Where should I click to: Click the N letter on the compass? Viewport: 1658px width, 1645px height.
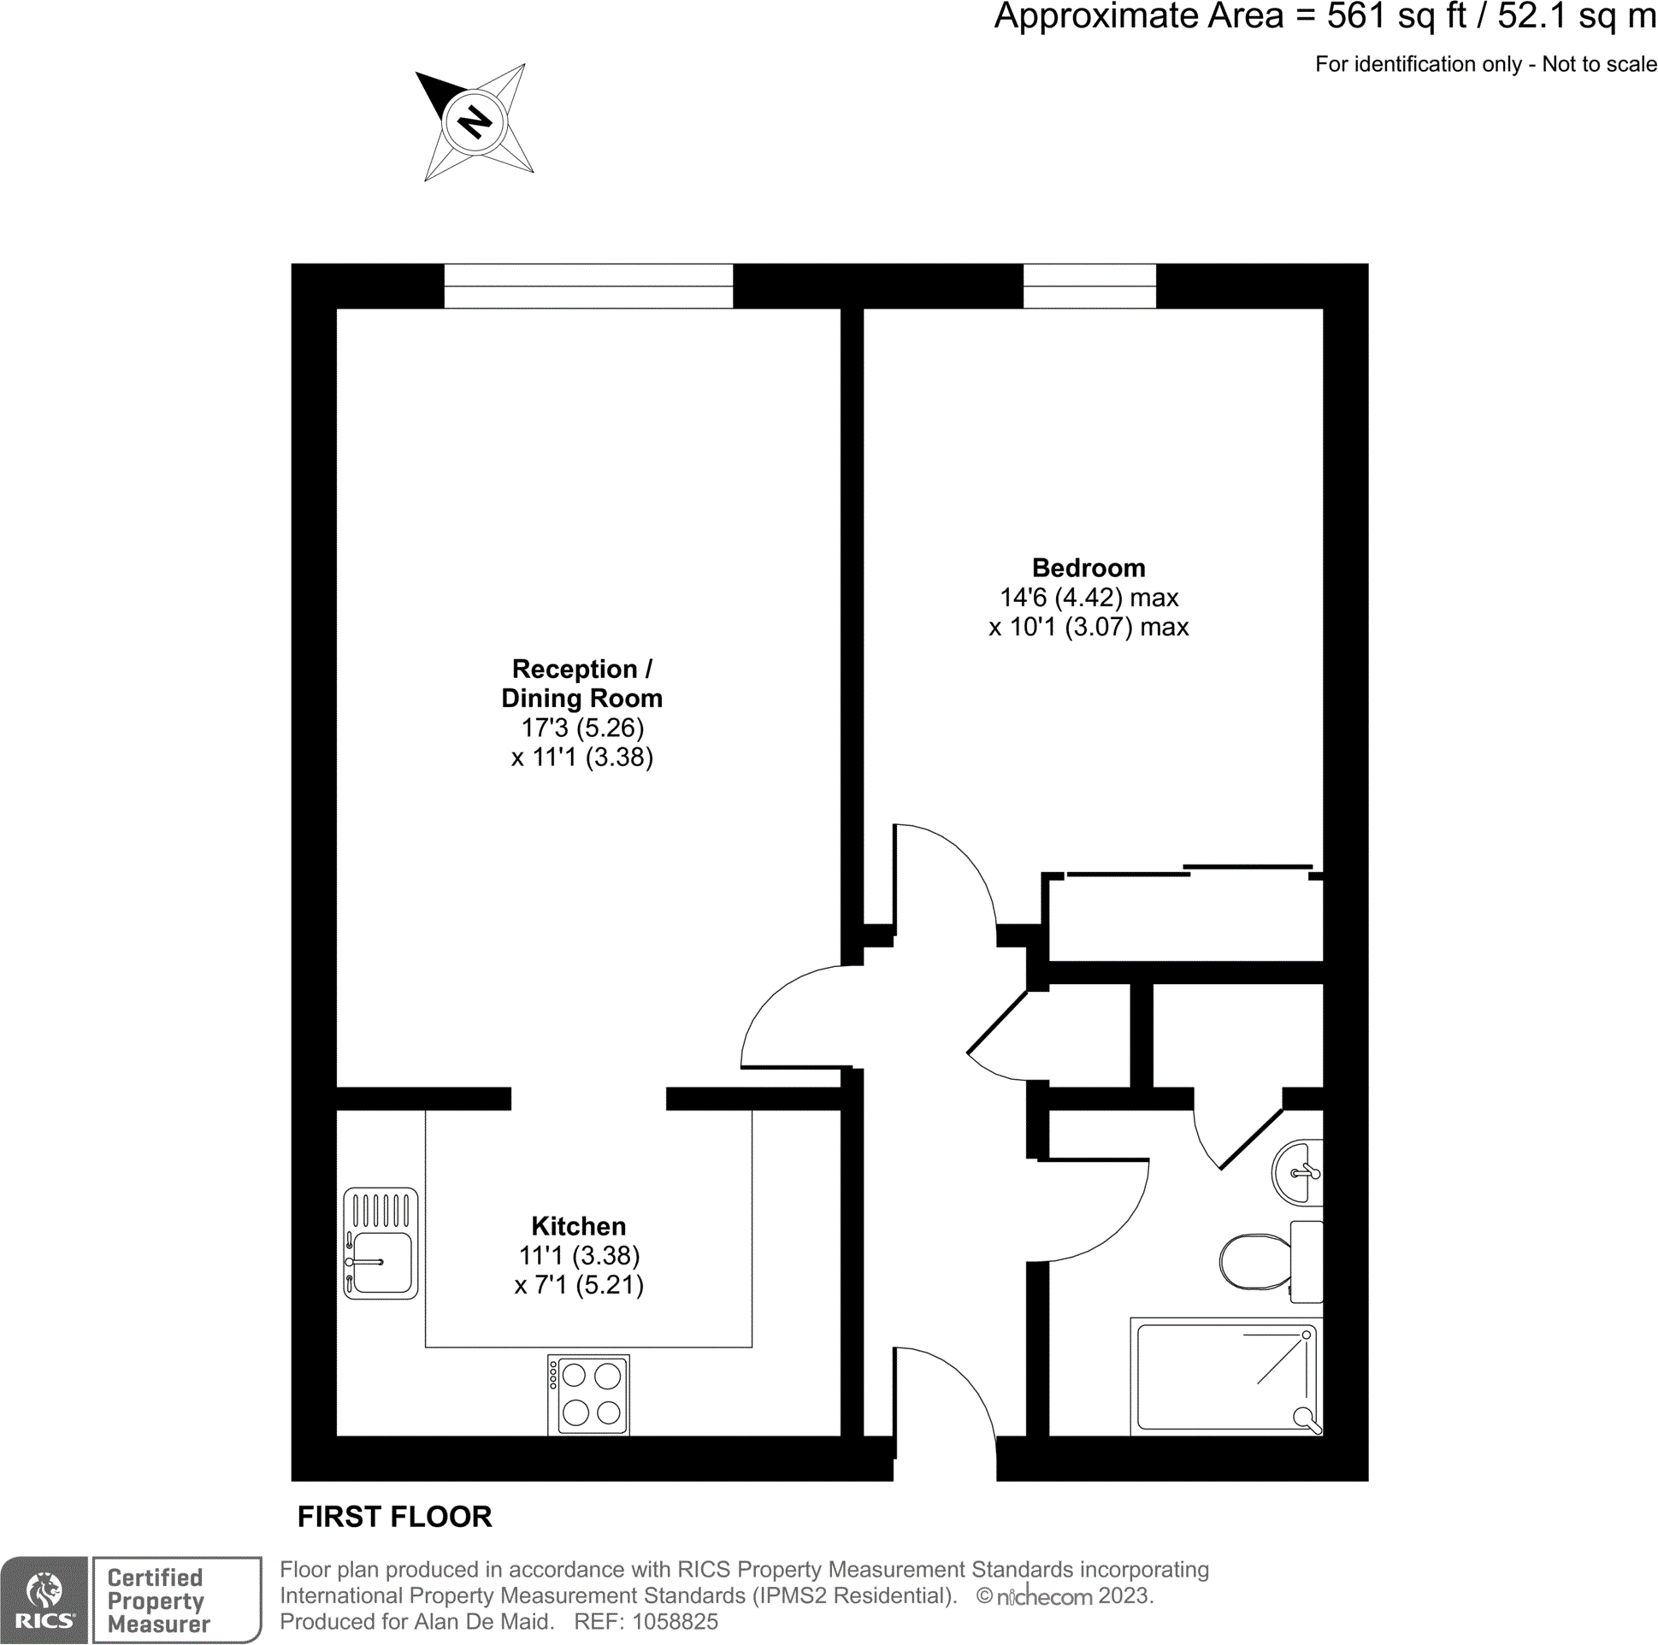pyautogui.click(x=474, y=122)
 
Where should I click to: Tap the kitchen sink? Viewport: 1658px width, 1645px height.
pyautogui.click(x=381, y=1242)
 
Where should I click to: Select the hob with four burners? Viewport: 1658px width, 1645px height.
pyautogui.click(x=588, y=1394)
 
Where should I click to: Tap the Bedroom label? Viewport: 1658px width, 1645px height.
pyautogui.click(x=1089, y=568)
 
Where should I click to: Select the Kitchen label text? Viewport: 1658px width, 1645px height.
pyautogui.click(x=578, y=1225)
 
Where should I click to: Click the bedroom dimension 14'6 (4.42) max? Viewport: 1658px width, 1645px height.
pyautogui.click(x=1089, y=598)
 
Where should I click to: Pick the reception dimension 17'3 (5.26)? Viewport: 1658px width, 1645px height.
pyautogui.click(x=581, y=728)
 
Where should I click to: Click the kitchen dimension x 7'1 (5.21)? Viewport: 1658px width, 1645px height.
pyautogui.click(x=578, y=1284)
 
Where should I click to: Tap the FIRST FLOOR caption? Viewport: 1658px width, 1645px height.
pyautogui.click(x=395, y=1517)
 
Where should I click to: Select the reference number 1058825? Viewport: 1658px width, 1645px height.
pyautogui.click(x=675, y=1622)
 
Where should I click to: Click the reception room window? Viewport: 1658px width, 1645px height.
pyautogui.click(x=587, y=286)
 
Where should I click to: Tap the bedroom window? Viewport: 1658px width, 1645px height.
pyautogui.click(x=1089, y=286)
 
